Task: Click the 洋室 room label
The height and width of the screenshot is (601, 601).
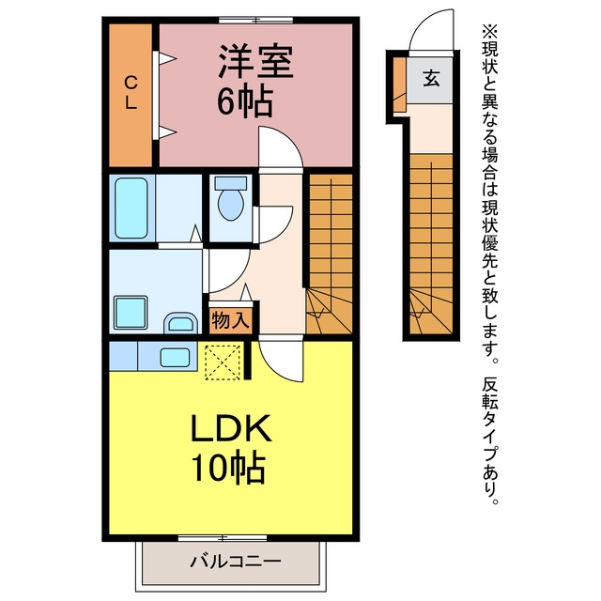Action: pyautogui.click(x=255, y=62)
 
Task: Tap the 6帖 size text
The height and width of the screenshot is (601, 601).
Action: pyautogui.click(x=245, y=102)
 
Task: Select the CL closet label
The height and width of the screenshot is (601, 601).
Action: pyautogui.click(x=131, y=92)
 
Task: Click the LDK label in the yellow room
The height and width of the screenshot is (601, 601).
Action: pyautogui.click(x=231, y=428)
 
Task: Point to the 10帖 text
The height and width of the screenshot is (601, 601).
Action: pyautogui.click(x=229, y=469)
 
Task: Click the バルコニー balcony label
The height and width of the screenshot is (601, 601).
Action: pyautogui.click(x=236, y=562)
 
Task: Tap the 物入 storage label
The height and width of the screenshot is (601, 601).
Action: pyautogui.click(x=231, y=319)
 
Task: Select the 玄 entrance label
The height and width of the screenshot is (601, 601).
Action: pyautogui.click(x=431, y=78)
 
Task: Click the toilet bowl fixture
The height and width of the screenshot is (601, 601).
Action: pyautogui.click(x=231, y=198)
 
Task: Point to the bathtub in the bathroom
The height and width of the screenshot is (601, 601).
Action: pyautogui.click(x=131, y=208)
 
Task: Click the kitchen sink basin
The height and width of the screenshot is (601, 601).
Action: pyautogui.click(x=175, y=358)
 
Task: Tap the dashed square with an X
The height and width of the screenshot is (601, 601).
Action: pyautogui.click(x=223, y=362)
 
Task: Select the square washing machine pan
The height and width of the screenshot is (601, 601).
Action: pyautogui.click(x=131, y=313)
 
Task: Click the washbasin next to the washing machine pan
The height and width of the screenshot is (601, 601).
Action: pyautogui.click(x=180, y=323)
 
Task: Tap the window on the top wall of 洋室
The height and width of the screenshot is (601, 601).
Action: pyautogui.click(x=255, y=20)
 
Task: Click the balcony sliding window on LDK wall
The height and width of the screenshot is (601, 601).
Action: pyautogui.click(x=223, y=538)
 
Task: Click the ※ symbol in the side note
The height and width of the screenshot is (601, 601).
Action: pyautogui.click(x=489, y=31)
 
